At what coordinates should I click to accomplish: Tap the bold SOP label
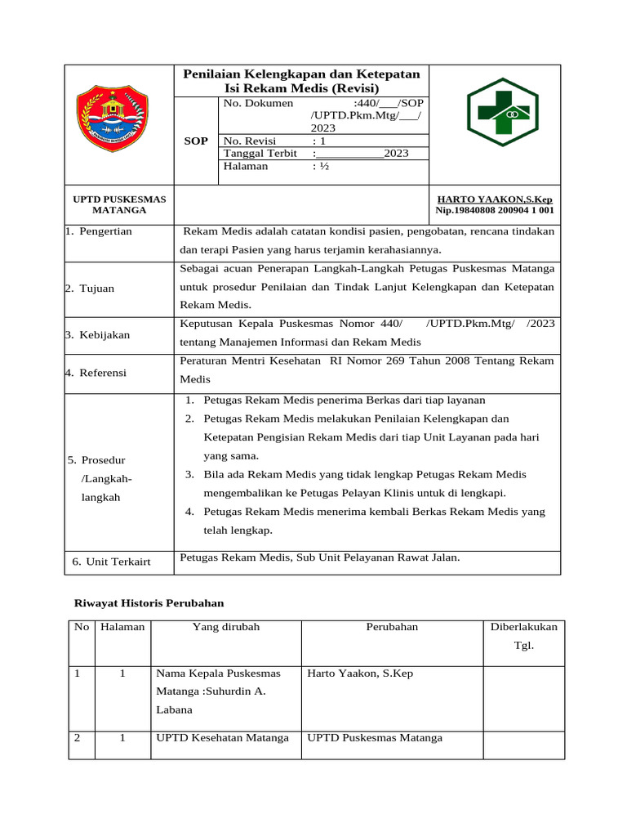click(x=196, y=141)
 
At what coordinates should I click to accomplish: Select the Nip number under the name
click(x=496, y=210)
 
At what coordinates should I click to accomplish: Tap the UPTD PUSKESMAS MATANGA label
click(x=119, y=204)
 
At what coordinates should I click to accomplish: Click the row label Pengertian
click(x=102, y=231)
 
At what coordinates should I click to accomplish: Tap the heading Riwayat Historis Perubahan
click(x=149, y=602)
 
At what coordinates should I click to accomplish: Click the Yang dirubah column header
click(x=225, y=627)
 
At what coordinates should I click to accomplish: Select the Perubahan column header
click(x=392, y=627)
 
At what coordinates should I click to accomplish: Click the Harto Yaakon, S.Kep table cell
click(x=360, y=674)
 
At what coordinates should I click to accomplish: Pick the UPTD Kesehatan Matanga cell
click(x=222, y=737)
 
